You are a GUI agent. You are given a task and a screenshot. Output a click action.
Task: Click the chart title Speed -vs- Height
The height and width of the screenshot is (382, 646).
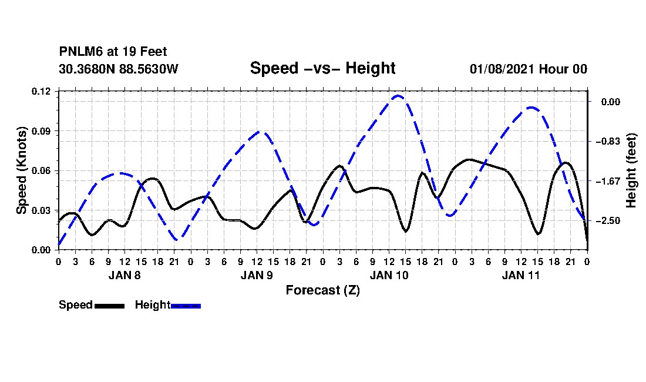point(322,68)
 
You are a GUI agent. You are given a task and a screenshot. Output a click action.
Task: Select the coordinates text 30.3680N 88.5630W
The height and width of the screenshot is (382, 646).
point(118,69)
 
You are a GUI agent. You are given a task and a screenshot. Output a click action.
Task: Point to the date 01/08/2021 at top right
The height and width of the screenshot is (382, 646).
point(502,69)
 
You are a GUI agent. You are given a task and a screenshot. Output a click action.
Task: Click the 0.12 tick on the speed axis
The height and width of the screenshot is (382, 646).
point(41,92)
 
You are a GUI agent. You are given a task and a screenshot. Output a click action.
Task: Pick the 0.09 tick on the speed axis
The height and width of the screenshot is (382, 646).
point(41,131)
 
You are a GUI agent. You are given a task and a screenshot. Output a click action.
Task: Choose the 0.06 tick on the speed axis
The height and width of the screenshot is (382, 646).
point(41,170)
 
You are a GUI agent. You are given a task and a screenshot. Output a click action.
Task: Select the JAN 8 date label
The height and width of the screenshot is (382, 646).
point(125,275)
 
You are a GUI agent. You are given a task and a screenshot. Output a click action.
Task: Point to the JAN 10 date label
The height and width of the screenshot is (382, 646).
point(389,275)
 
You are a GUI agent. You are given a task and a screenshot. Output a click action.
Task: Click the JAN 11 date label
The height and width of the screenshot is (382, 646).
point(521,275)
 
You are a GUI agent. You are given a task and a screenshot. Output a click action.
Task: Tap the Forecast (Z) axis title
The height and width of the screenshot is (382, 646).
point(322,290)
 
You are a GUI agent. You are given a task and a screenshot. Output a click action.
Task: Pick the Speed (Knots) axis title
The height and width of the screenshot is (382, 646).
point(21,170)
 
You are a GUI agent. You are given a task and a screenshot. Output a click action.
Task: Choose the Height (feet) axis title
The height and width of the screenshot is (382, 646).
point(631,170)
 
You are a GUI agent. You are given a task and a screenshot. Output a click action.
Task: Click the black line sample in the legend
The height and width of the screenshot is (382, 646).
point(110,306)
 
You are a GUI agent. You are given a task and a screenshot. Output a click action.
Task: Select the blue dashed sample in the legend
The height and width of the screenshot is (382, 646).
point(186,306)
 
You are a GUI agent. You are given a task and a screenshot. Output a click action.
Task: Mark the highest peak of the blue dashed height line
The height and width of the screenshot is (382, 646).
point(398,96)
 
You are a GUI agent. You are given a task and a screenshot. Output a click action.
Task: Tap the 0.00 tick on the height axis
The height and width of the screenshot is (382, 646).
point(611,102)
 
